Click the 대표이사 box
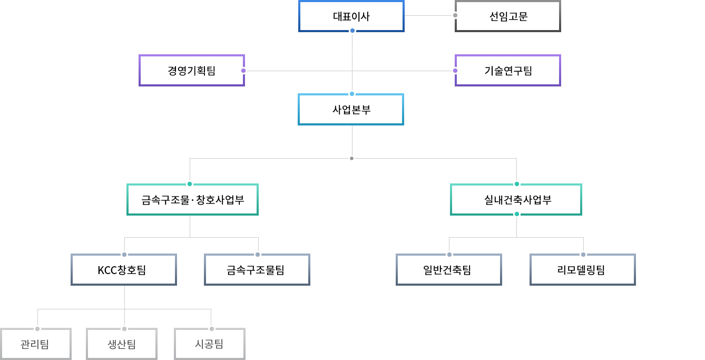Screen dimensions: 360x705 351,16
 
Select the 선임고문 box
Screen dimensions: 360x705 508,16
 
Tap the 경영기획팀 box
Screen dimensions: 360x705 192,71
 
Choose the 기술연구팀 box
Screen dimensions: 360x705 508,71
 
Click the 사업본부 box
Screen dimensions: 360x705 351,110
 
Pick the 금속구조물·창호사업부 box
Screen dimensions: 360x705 192,200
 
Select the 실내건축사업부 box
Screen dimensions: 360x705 516,200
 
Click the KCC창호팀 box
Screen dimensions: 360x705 124,270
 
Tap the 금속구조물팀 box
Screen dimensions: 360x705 257,270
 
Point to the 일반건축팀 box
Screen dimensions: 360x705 449,270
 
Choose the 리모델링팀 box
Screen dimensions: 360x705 583,270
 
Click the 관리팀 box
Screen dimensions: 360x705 36,344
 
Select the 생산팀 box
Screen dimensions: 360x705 122,344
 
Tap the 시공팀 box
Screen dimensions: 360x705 210,344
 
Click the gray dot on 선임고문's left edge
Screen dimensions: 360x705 455,15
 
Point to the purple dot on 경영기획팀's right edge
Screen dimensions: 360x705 243,71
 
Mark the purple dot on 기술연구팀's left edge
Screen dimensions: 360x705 455,71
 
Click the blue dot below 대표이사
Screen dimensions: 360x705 352,31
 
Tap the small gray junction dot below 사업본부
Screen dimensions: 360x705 352,158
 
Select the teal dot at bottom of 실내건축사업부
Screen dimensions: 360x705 517,214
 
